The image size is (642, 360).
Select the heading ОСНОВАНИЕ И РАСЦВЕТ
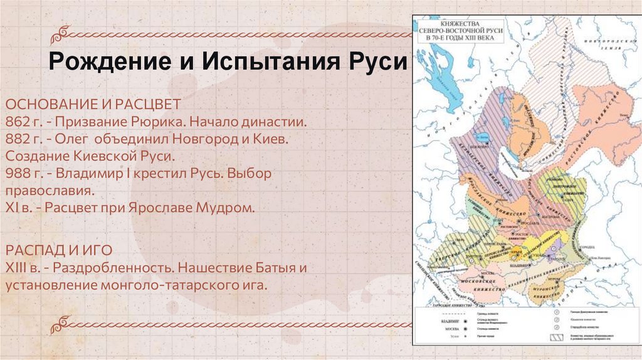pos(94,103)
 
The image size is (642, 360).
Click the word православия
pos(50,191)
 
